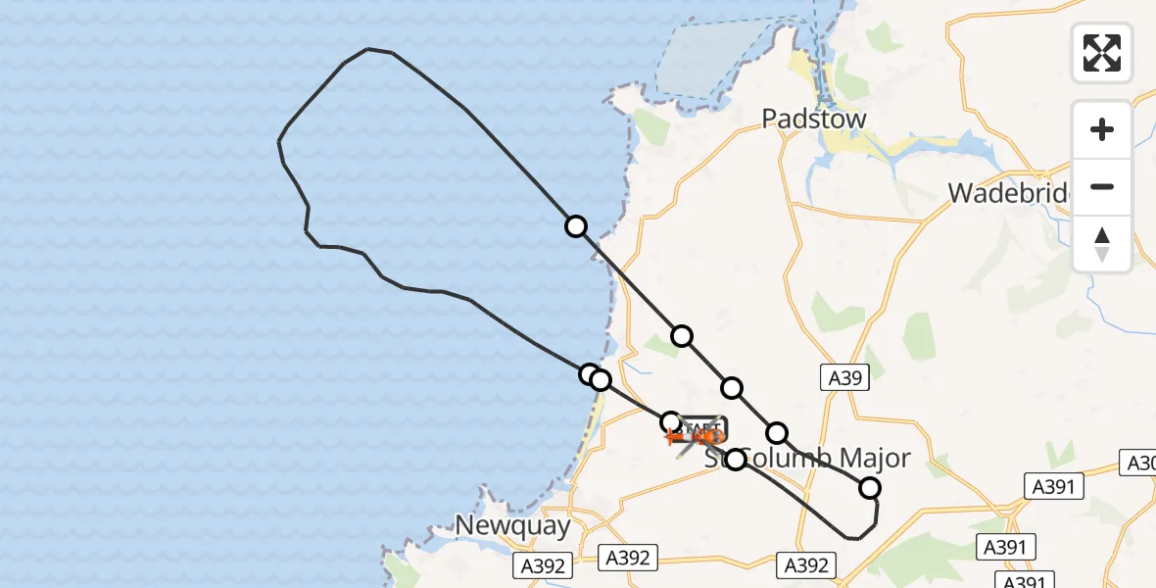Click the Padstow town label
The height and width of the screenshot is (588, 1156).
point(815,120)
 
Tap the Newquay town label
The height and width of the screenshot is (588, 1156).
point(512,525)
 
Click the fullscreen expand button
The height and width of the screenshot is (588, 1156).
point(1102,53)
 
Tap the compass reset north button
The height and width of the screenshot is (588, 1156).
point(1102,244)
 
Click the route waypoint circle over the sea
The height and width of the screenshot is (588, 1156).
point(576,226)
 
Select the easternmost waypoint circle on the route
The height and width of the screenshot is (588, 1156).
point(869,488)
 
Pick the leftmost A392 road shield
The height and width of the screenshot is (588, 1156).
point(543,565)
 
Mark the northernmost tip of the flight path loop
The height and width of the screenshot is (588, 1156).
point(368,49)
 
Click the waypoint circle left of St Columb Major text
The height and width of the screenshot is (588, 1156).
point(736,459)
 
